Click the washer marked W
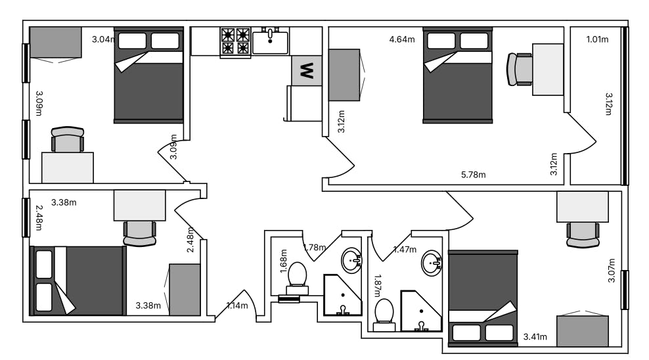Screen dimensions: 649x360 307,71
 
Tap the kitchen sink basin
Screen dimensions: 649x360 270,41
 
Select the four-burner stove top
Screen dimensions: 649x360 236,41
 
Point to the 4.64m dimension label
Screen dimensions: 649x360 402,39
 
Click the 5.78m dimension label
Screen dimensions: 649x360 474,175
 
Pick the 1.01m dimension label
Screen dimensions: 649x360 597,39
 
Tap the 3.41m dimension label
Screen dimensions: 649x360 535,337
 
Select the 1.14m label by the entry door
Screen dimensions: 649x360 237,305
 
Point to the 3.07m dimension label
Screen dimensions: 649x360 612,271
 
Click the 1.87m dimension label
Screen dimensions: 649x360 377,286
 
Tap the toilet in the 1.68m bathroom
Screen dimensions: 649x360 297,278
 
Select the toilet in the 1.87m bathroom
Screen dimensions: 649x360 384,315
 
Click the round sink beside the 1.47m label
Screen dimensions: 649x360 432,262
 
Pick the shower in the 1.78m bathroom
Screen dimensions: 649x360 342,294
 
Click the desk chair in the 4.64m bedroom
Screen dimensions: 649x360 520,70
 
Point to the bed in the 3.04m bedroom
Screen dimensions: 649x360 148,75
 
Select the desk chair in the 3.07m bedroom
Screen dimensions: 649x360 583,235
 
